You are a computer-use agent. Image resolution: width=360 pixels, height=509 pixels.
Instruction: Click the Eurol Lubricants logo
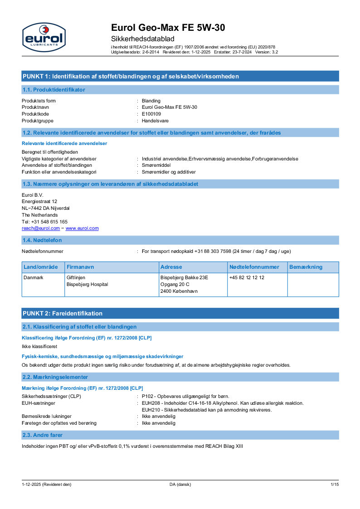tap(44, 37)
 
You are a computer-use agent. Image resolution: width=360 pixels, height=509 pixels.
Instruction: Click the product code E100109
tap(151, 114)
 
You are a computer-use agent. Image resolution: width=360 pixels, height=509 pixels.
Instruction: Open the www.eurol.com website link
tap(82, 228)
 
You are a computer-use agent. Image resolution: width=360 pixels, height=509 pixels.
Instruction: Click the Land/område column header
tap(41, 267)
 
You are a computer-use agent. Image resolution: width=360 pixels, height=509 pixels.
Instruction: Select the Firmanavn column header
tap(80, 267)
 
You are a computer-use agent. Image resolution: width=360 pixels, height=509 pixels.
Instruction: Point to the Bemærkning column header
tap(306, 267)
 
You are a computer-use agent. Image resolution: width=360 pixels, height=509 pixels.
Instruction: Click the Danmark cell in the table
tap(34, 277)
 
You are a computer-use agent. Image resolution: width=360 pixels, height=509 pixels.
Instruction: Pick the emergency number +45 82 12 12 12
tap(247, 277)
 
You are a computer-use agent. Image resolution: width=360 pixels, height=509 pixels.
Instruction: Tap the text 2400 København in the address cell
tap(179, 291)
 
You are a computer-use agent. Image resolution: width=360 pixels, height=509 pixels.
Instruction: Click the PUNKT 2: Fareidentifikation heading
tap(63, 313)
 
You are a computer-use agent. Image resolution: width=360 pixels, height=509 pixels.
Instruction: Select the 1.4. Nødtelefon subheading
tap(42, 240)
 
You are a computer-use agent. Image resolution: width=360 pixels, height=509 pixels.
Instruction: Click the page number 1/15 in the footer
tap(334, 485)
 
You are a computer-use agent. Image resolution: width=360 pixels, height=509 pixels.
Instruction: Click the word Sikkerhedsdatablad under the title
tap(142, 39)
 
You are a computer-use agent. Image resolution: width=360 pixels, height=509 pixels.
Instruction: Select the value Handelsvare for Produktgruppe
tap(155, 121)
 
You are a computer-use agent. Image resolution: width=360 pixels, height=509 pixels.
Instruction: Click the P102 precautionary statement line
tap(185, 396)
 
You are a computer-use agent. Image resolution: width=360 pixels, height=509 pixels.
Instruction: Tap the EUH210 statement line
tap(207, 410)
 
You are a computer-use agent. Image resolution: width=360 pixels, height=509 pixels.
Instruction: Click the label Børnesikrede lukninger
tap(47, 416)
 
